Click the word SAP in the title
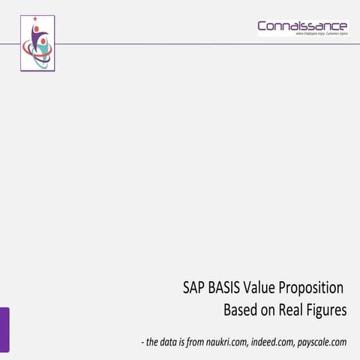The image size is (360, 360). [193, 288]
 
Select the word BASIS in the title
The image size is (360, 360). [226, 288]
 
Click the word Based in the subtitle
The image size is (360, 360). [241, 310]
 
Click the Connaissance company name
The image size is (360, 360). [302, 26]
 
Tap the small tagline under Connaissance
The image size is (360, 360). [316, 34]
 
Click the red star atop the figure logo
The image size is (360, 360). [34, 18]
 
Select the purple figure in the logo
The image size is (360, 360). [36, 37]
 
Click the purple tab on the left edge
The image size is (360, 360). [4, 328]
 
